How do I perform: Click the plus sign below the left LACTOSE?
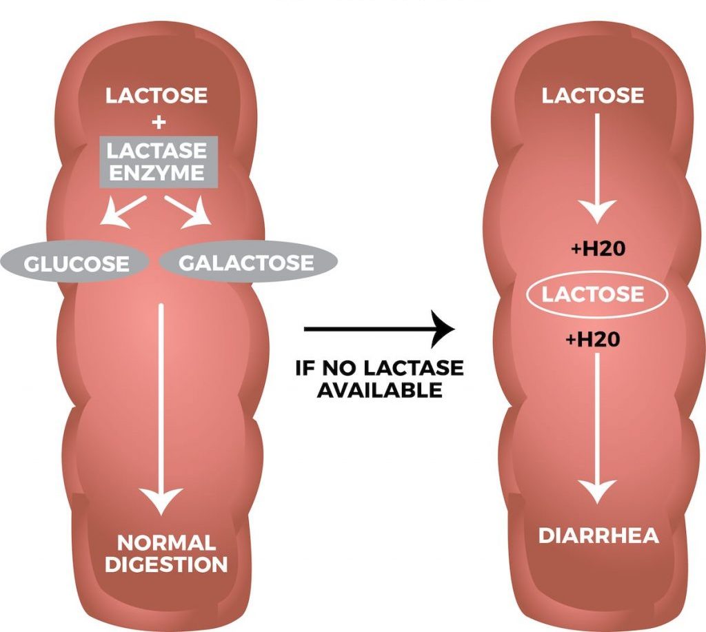(x=159, y=122)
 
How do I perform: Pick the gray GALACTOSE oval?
(x=246, y=263)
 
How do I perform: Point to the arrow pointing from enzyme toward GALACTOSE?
(x=190, y=211)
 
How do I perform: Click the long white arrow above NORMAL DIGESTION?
(x=161, y=407)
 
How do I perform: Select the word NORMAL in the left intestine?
(x=166, y=542)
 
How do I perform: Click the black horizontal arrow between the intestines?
(x=379, y=329)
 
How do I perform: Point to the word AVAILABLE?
(x=380, y=389)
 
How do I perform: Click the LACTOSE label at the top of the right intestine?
(x=593, y=95)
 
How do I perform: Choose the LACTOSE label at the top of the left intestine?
(x=157, y=95)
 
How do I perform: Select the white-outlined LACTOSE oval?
(x=593, y=295)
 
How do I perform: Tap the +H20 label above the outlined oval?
(x=598, y=249)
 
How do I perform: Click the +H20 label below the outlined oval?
(x=598, y=339)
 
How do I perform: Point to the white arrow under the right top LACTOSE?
(x=597, y=165)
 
